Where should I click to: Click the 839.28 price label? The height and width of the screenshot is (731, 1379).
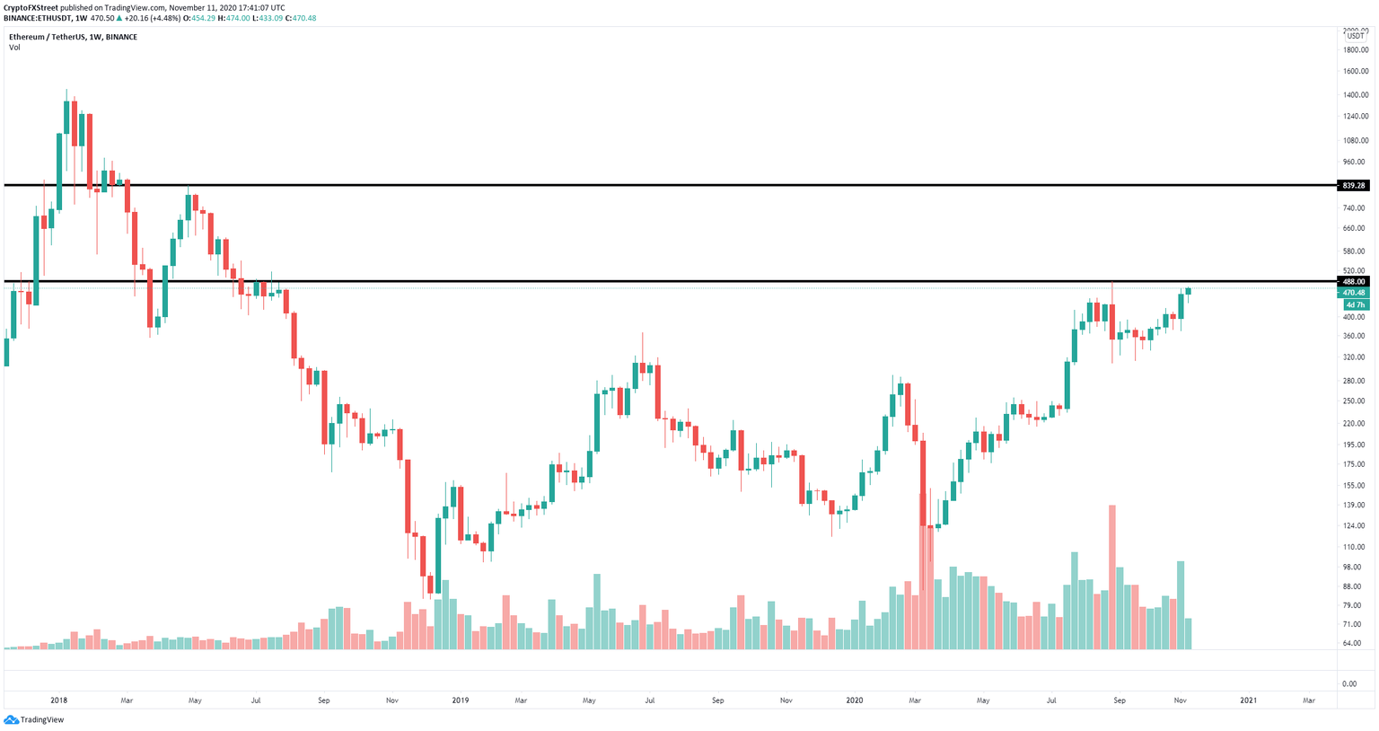[x=1353, y=186]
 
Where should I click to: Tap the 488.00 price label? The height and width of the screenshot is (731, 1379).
[x=1353, y=282]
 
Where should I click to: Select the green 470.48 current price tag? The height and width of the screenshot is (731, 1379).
[x=1353, y=293]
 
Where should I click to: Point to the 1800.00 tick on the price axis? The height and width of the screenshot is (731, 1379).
[x=1356, y=50]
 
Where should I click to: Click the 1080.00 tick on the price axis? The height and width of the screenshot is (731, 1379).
[x=1356, y=141]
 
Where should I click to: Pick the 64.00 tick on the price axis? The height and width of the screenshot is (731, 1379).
[x=1357, y=643]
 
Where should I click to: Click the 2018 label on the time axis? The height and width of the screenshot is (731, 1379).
[x=59, y=700]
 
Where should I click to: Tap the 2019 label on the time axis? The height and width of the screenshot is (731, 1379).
[x=460, y=700]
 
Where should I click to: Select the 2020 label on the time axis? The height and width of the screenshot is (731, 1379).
[x=854, y=700]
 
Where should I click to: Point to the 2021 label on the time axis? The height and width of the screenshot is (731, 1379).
[x=1248, y=700]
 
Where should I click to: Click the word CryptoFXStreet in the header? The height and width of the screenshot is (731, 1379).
[x=31, y=7]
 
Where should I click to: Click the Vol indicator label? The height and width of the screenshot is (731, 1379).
[x=14, y=48]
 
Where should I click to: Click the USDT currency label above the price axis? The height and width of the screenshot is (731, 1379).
[x=1355, y=36]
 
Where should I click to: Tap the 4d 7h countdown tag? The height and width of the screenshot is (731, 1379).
[x=1353, y=305]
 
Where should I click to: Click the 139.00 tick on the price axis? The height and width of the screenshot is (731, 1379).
[x=1356, y=506]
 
